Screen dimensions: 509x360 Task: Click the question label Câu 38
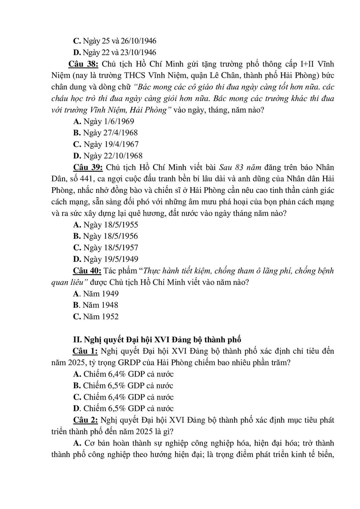[x=83, y=64]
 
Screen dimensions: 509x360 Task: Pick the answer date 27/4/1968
[x=116, y=133]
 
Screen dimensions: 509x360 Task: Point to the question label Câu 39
[x=88, y=167]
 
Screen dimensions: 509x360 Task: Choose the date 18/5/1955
[x=121, y=225]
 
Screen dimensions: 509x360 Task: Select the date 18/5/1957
[x=121, y=248]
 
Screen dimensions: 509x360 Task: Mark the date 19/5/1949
[x=121, y=259]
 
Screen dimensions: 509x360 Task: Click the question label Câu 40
[x=87, y=271]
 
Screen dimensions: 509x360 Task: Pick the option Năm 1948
[x=100, y=305]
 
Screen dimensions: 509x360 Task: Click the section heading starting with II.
[x=157, y=340]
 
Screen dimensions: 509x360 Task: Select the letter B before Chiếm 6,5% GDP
[x=76, y=386]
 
